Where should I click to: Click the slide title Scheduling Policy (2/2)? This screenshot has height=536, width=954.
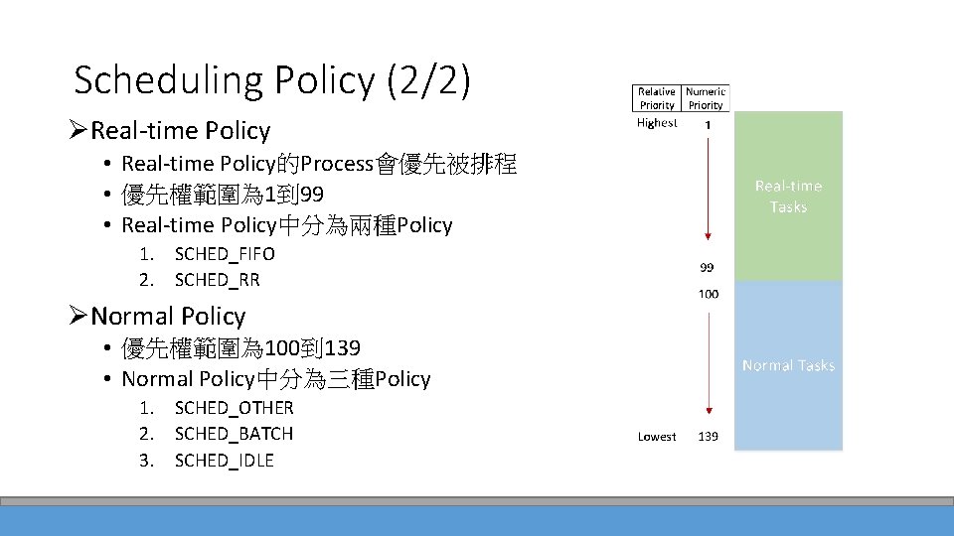click(x=271, y=80)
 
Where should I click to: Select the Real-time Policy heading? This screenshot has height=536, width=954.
click(x=180, y=131)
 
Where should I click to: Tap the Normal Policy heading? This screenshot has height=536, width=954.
click(x=167, y=317)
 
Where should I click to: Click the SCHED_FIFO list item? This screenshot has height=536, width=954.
click(x=225, y=254)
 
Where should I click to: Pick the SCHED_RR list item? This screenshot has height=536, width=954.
click(x=217, y=280)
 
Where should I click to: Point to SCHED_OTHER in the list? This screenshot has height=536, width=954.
click(x=234, y=408)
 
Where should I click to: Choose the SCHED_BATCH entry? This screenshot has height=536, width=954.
click(x=234, y=434)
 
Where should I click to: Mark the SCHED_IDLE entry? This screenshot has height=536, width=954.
click(x=224, y=461)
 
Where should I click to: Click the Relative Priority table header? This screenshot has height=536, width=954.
click(x=657, y=98)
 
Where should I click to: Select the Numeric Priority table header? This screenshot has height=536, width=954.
click(x=706, y=98)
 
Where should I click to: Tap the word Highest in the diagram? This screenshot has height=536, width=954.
click(x=657, y=123)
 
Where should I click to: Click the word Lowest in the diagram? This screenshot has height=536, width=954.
click(x=657, y=437)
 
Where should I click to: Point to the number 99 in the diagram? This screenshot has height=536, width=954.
click(x=708, y=268)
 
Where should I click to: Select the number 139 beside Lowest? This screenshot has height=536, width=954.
click(x=708, y=437)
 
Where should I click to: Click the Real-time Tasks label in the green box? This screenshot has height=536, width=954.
click(x=788, y=197)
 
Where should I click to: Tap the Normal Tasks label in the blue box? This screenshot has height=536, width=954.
click(x=788, y=365)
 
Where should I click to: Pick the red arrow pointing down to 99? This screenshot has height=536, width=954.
click(x=708, y=189)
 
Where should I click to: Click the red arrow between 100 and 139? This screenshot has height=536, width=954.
click(x=708, y=362)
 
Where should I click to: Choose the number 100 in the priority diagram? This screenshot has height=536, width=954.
click(x=708, y=294)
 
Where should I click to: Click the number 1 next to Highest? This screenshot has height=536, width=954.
click(x=708, y=125)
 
